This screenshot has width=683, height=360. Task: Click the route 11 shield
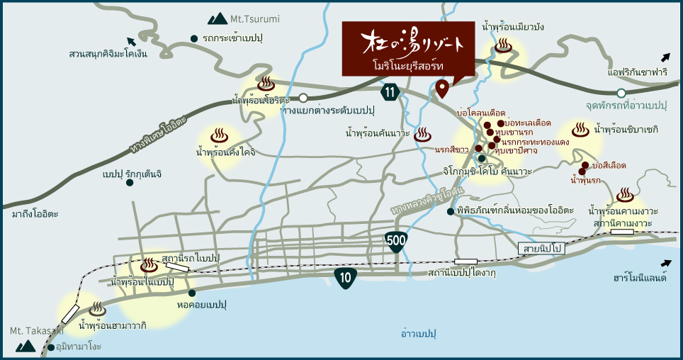click(x=389, y=91)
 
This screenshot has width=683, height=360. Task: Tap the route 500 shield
click(x=396, y=241)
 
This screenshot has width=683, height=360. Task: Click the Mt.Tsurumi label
click(x=243, y=18)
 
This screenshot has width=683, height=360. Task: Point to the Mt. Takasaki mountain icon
click(x=26, y=346)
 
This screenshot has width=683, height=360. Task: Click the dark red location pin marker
click(x=442, y=89)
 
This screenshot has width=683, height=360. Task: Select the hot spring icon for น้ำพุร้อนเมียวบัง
click(x=503, y=47)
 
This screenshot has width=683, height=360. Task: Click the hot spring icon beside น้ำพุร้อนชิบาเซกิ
click(x=580, y=130)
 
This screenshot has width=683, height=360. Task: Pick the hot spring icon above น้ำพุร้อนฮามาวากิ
click(x=98, y=309)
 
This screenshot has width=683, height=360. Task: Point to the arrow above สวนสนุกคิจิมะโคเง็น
click(x=130, y=40)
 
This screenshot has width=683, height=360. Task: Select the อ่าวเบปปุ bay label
click(x=417, y=333)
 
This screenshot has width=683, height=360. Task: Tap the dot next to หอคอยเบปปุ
click(x=192, y=292)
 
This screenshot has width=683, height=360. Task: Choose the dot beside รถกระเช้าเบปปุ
click(x=194, y=38)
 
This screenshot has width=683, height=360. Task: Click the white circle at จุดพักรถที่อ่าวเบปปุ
click(x=621, y=93)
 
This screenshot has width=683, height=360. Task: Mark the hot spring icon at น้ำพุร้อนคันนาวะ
click(x=423, y=133)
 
